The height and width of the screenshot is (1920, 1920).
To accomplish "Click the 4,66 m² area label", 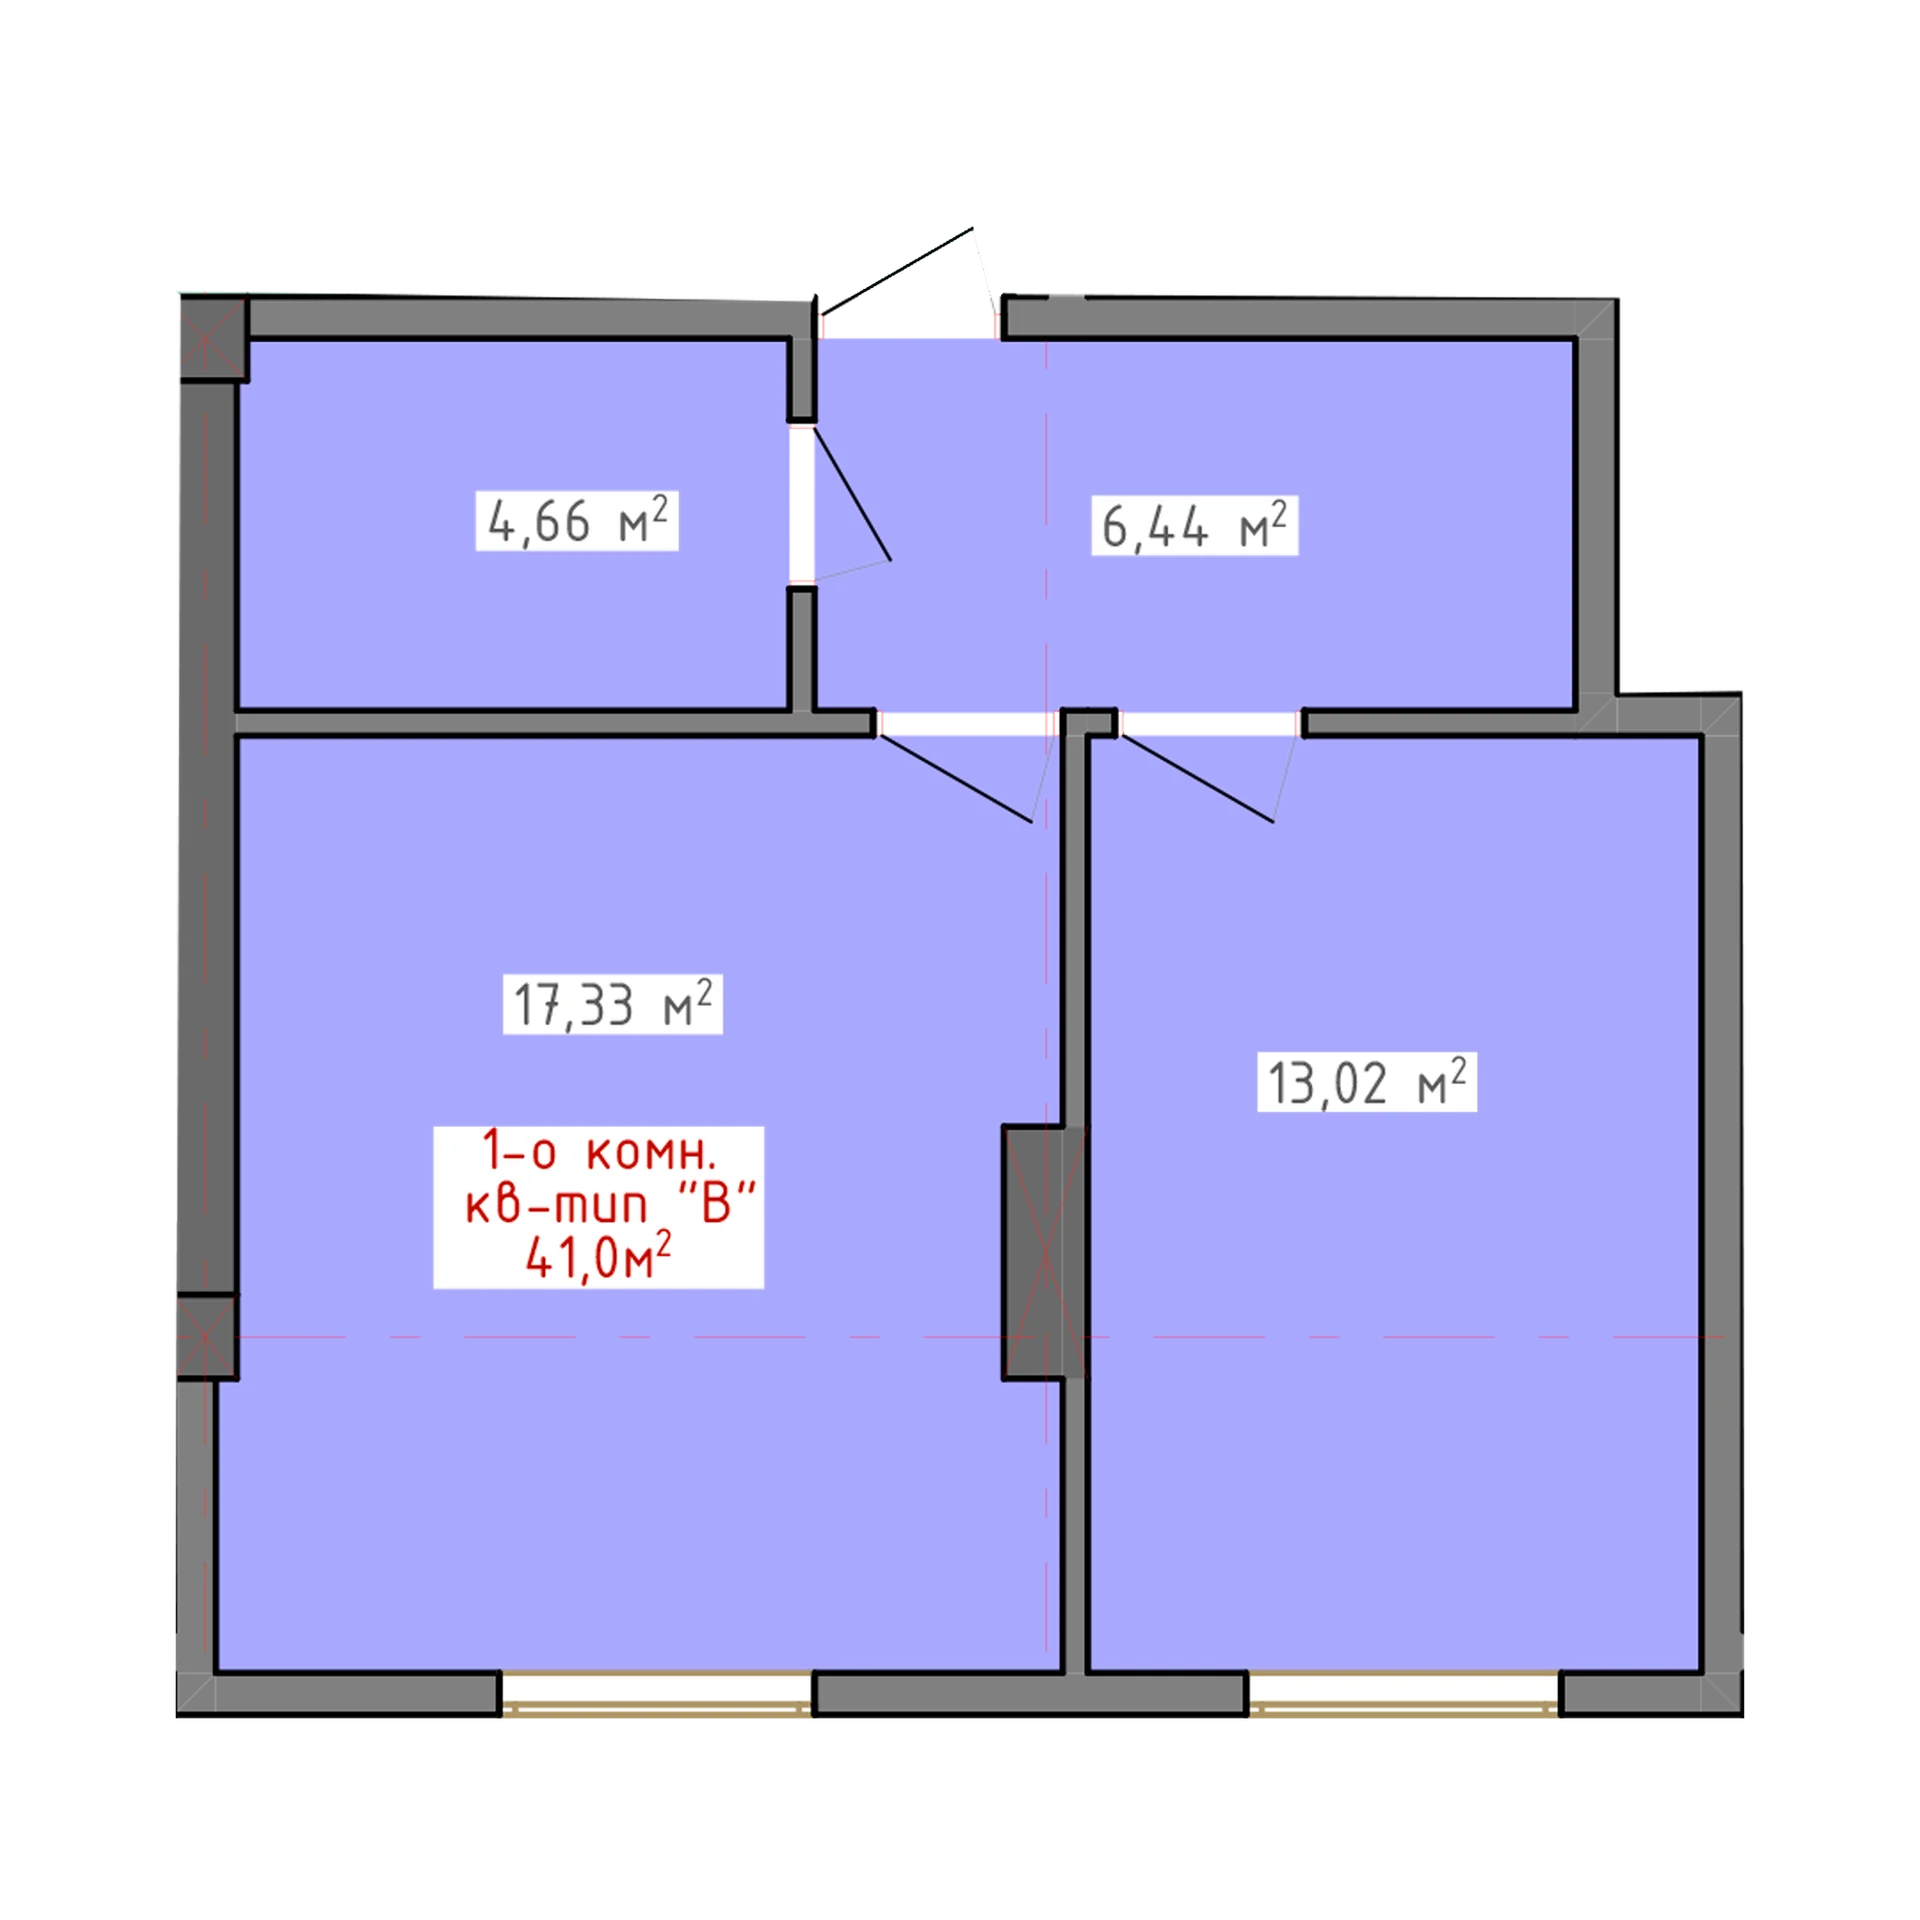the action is pyautogui.click(x=577, y=521).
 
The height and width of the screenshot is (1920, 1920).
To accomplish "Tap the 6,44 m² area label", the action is pyautogui.click(x=1194, y=526).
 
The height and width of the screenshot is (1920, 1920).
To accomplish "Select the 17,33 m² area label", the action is pyautogui.click(x=612, y=1005).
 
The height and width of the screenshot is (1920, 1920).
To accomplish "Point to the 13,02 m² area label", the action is pyautogui.click(x=1366, y=1082).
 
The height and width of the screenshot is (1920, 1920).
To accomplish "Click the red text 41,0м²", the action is pyautogui.click(x=598, y=1257).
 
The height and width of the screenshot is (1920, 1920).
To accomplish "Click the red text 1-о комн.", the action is pyautogui.click(x=599, y=1151).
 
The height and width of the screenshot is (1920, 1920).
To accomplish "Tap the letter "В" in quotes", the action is pyautogui.click(x=716, y=1203).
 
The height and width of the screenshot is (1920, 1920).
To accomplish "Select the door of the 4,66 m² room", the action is pyautogui.click(x=802, y=504).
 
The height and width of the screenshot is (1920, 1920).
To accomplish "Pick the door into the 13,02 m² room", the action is pyautogui.click(x=1210, y=724).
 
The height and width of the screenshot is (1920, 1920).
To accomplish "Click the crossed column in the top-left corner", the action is pyautogui.click(x=214, y=338).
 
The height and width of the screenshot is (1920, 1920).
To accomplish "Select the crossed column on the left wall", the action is pyautogui.click(x=207, y=1336).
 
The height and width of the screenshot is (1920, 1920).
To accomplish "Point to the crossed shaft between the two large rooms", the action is pyautogui.click(x=1045, y=1252).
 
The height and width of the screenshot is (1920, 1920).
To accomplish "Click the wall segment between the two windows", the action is pyautogui.click(x=1031, y=1694).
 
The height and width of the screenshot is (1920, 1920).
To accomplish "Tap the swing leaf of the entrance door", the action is pyautogui.click(x=897, y=271).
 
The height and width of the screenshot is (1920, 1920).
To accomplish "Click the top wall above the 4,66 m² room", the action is pyautogui.click(x=530, y=318).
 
